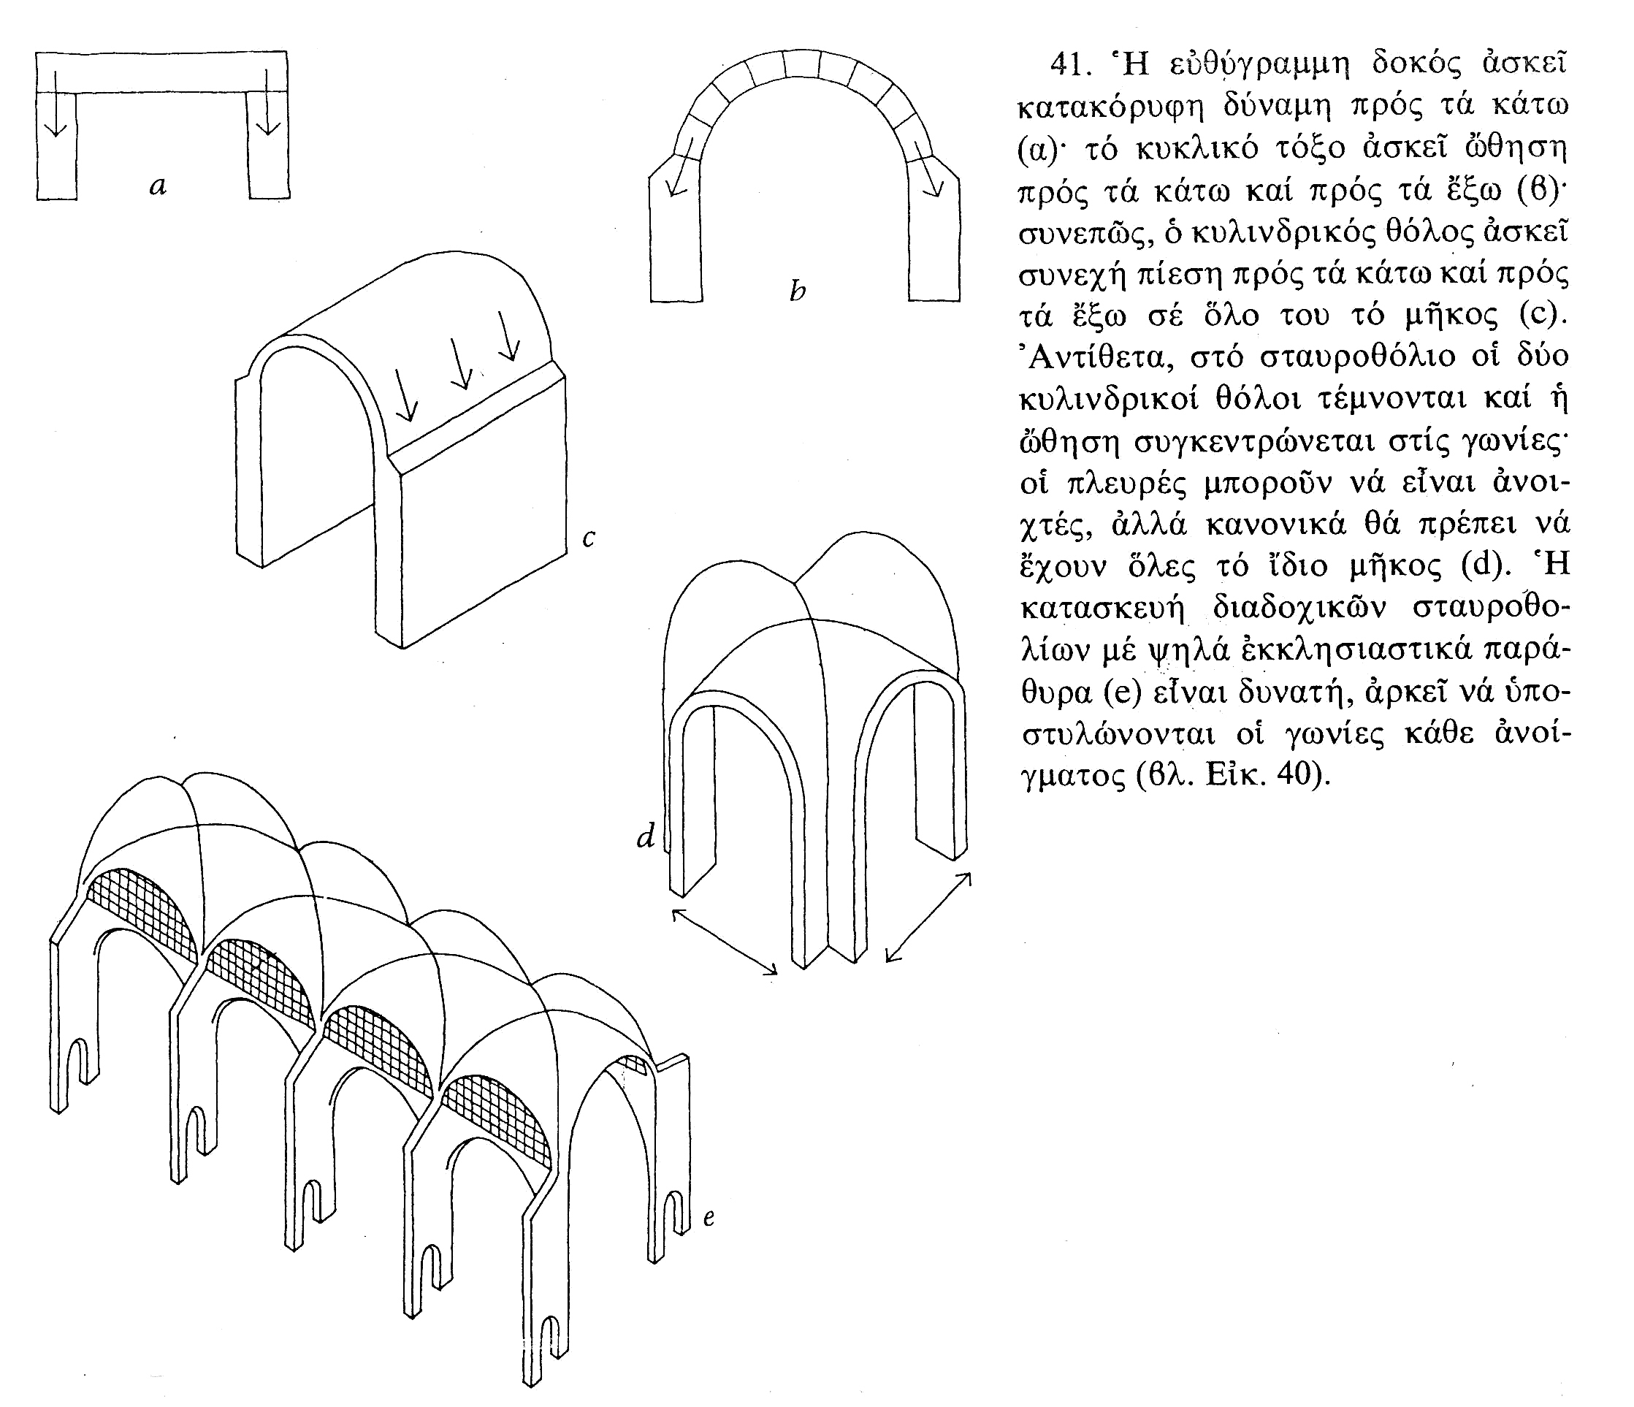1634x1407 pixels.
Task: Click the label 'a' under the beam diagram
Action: [x=158, y=187]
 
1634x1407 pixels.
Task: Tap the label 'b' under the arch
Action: [x=798, y=291]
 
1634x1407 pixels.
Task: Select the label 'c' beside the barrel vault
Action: [x=588, y=538]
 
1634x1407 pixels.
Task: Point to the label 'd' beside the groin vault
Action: [x=646, y=835]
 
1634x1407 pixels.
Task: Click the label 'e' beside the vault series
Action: [x=709, y=1218]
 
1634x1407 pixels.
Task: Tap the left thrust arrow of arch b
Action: [x=680, y=168]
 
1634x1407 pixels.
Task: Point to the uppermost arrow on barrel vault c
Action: [x=508, y=335]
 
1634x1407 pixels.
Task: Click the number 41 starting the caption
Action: [x=1069, y=65]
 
